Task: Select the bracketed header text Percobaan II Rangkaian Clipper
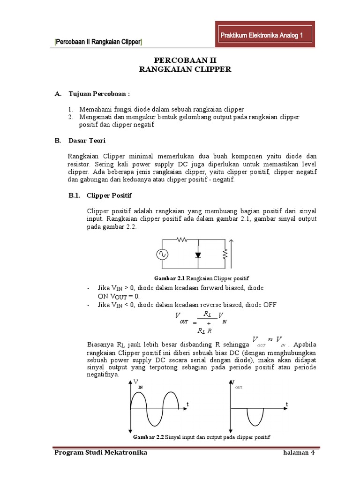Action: (99, 42)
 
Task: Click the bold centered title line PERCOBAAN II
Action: (180, 61)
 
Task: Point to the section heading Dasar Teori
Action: (87, 141)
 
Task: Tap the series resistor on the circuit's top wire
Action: (181, 239)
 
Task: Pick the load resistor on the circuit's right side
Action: (225, 254)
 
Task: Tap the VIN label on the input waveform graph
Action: (138, 384)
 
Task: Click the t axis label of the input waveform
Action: (187, 404)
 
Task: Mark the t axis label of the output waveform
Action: (286, 404)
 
